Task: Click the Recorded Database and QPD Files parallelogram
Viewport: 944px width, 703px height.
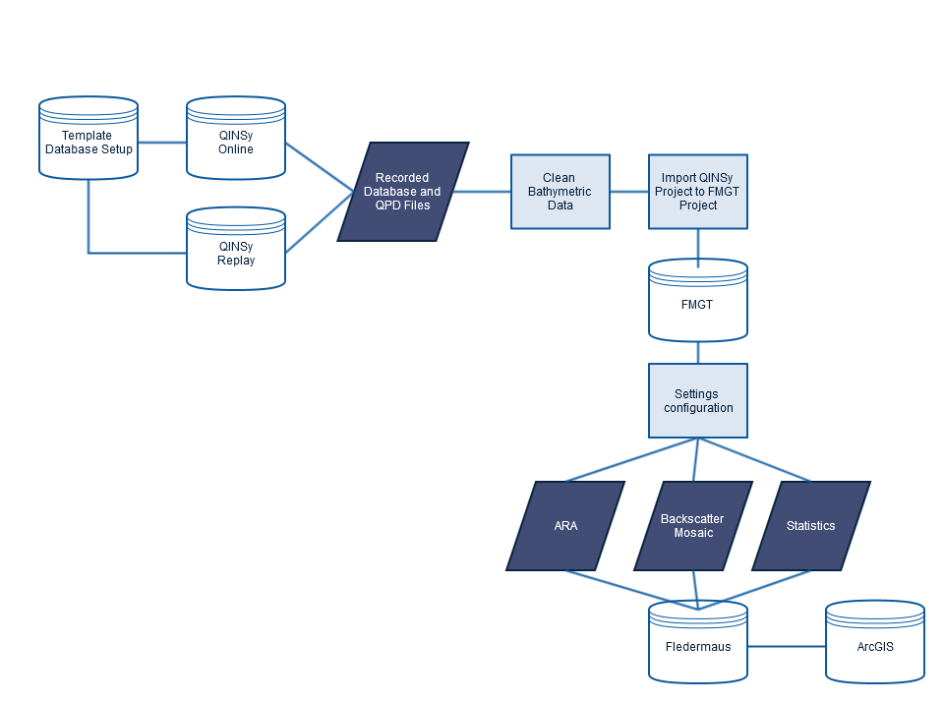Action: pos(403,192)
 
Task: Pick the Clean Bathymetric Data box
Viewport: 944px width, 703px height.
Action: pos(560,192)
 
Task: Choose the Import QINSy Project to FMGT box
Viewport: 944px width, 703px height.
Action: pos(698,192)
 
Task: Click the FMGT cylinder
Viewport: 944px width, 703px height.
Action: pos(698,302)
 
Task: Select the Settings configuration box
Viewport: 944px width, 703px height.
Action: pos(698,401)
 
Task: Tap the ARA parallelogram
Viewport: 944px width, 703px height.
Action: pos(565,526)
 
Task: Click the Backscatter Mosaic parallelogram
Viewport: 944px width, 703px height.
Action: pos(693,526)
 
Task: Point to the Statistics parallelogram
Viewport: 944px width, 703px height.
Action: pos(811,526)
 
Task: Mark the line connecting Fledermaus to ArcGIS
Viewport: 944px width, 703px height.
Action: pos(787,646)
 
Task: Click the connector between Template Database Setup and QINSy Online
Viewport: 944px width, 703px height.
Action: pos(162,142)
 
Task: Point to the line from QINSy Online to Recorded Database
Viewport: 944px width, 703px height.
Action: pos(320,167)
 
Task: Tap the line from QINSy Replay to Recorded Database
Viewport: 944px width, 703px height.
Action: pos(320,221)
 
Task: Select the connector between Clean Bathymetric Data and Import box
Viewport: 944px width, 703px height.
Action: pos(629,192)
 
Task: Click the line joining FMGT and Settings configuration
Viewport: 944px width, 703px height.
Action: pos(698,352)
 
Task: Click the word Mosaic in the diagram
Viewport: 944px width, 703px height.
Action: pos(693,533)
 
